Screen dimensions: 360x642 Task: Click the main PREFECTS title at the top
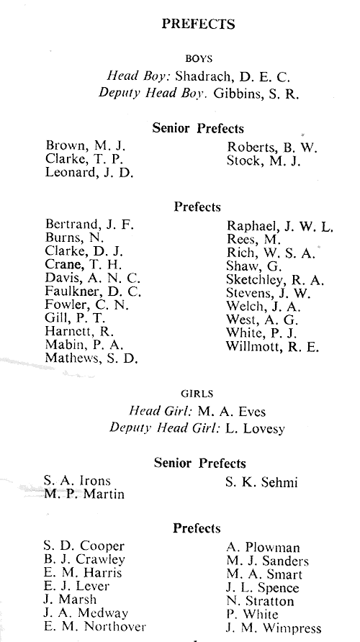(x=198, y=24)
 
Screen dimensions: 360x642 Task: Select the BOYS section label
(x=199, y=59)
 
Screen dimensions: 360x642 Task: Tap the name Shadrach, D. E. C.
(x=233, y=76)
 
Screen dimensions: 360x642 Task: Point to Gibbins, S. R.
(x=256, y=94)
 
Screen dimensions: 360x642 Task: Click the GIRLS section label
(x=197, y=394)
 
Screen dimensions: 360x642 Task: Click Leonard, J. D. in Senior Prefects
(x=89, y=173)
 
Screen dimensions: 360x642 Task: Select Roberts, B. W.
(x=272, y=148)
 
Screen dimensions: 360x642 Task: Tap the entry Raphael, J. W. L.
(x=280, y=226)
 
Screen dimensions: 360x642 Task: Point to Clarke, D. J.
(x=84, y=250)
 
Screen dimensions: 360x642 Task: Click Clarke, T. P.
(x=84, y=159)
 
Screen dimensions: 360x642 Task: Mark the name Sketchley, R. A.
(x=275, y=280)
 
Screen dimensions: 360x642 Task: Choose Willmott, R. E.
(x=272, y=347)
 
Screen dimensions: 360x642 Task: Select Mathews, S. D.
(x=91, y=358)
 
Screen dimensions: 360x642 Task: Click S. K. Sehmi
(x=261, y=483)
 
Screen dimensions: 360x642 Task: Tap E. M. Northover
(x=94, y=626)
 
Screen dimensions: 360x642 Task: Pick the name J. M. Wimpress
(x=274, y=628)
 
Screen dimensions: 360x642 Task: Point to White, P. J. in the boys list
(x=261, y=333)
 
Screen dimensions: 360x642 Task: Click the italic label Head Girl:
(x=161, y=411)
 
